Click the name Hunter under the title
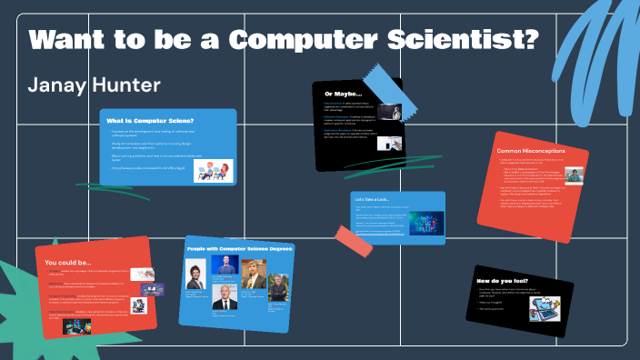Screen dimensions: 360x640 point(123,85)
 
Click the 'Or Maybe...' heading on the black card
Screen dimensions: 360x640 point(344,93)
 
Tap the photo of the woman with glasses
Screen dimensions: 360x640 point(195,274)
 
